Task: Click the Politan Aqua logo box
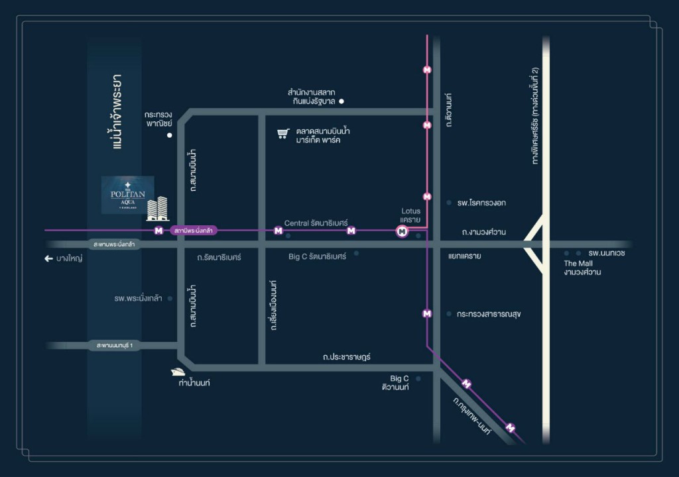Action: pos(127,195)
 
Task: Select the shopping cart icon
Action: pos(282,134)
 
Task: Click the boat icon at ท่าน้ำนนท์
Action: pos(178,372)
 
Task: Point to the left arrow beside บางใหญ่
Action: pos(48,258)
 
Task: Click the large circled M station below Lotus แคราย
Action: pos(402,231)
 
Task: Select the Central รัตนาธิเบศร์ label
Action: pos(316,223)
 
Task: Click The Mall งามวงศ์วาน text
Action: pos(582,268)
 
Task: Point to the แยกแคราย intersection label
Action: pos(465,255)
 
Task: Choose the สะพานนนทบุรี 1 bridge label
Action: pos(114,346)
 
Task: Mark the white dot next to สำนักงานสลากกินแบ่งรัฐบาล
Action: pos(341,101)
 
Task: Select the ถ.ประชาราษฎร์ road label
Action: pos(346,356)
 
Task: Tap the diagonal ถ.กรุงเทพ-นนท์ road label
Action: pos(472,416)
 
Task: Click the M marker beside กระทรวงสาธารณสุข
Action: pos(427,314)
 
